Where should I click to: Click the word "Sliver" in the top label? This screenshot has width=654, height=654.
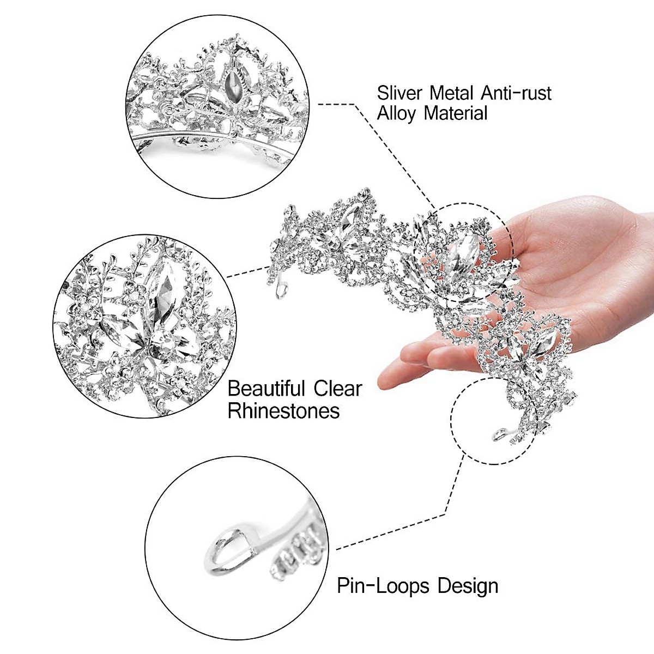click(x=399, y=93)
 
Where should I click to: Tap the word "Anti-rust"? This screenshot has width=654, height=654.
click(x=516, y=93)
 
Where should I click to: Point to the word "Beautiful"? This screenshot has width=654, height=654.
click(x=266, y=389)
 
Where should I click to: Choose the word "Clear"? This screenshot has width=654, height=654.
click(x=337, y=389)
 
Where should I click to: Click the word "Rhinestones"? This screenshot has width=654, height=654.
click(x=283, y=410)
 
